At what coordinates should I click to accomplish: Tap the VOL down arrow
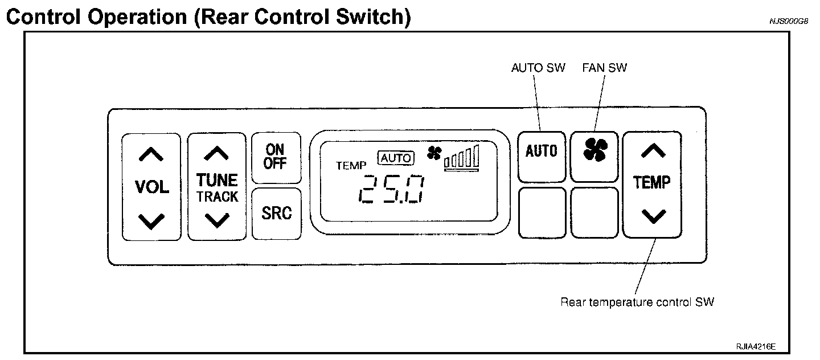[x=151, y=220]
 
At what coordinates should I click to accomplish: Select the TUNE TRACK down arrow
[x=216, y=219]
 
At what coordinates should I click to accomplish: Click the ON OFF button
[x=276, y=157]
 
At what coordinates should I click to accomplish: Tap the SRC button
[x=276, y=213]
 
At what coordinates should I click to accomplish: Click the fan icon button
[x=595, y=150]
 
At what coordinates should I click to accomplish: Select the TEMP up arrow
[x=653, y=150]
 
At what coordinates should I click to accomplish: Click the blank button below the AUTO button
[x=542, y=212]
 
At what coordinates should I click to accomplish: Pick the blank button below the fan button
[x=594, y=212]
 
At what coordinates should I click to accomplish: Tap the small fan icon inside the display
[x=434, y=152]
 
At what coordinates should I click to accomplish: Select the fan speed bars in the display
[x=462, y=157]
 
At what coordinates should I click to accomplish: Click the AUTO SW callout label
[x=538, y=68]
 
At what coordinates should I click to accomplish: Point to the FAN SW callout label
[x=604, y=68]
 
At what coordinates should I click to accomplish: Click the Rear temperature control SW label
[x=637, y=302]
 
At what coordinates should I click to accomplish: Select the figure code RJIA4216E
[x=756, y=346]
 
